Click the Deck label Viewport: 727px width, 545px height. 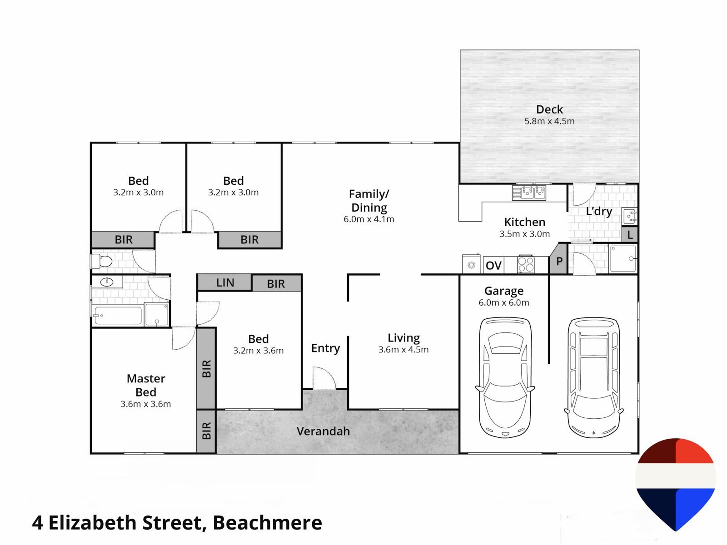(x=549, y=109)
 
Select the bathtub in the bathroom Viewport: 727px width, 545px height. (x=118, y=315)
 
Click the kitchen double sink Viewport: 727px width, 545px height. (x=529, y=193)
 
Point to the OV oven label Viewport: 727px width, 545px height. (x=493, y=265)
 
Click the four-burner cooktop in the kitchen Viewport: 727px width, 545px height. (x=526, y=264)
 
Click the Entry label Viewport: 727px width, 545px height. (x=326, y=348)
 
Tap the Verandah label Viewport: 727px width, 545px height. (x=323, y=431)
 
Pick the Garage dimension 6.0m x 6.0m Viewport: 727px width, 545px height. (x=504, y=302)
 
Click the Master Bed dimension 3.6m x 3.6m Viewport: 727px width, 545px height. (x=146, y=404)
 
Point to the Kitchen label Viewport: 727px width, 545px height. (x=525, y=222)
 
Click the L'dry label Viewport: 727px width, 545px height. (x=599, y=212)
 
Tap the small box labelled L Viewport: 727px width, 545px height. (x=630, y=235)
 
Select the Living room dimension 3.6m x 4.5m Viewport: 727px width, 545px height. (x=403, y=349)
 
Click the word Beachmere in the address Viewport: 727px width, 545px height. (x=267, y=523)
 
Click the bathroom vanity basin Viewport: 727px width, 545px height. (x=107, y=282)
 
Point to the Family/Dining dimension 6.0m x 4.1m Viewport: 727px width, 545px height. (x=368, y=219)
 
